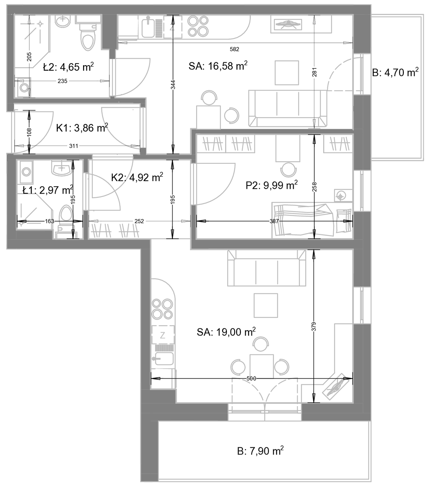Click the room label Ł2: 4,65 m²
click(68, 67)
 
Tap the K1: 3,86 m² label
click(82, 128)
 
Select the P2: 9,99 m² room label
click(272, 185)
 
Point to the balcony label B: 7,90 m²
click(260, 451)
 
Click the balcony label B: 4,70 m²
click(395, 72)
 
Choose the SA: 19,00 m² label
click(226, 332)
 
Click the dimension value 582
click(234, 49)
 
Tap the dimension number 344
click(173, 85)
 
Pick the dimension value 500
click(251, 379)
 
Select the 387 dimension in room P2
click(274, 221)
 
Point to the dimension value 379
click(314, 326)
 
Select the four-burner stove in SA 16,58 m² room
click(198, 26)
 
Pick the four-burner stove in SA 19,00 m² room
click(162, 309)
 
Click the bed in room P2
click(312, 220)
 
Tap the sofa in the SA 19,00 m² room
click(266, 268)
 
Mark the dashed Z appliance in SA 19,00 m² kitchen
click(163, 335)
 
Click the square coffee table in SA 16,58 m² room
click(287, 73)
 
